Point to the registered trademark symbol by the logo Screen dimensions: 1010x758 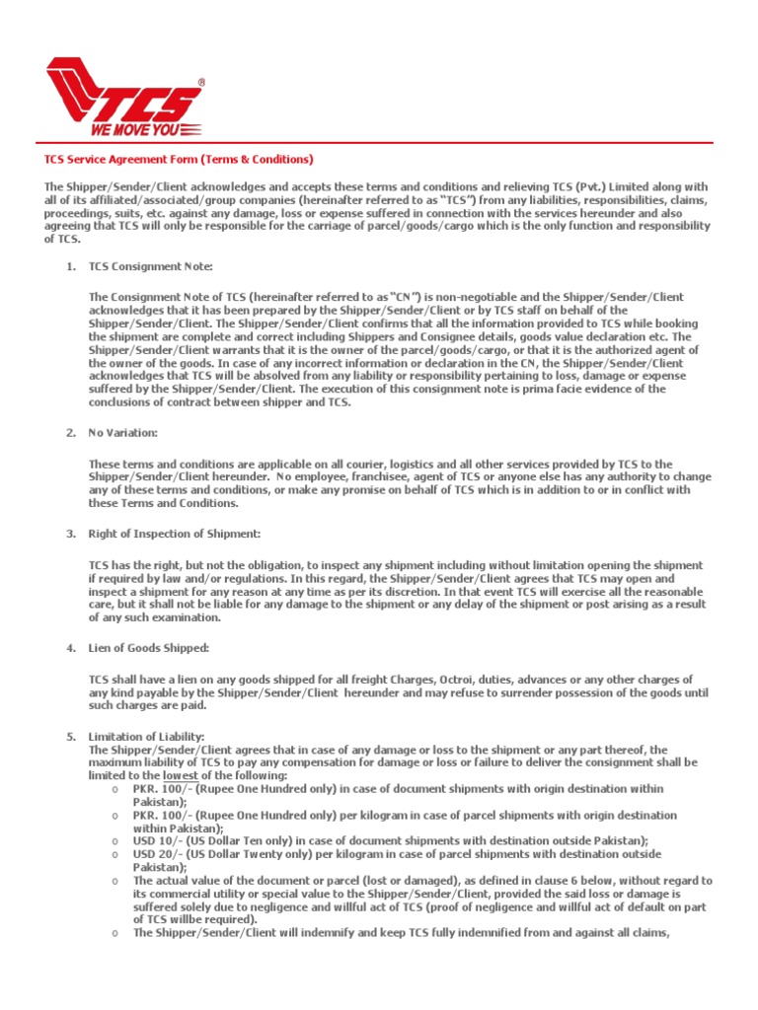pos(201,83)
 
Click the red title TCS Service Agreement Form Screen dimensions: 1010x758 pos(178,159)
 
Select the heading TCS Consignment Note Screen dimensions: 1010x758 pos(150,266)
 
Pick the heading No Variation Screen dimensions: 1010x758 pos(122,433)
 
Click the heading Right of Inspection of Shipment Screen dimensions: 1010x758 pos(174,534)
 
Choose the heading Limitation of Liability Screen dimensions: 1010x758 pos(146,737)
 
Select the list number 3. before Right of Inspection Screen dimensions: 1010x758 pos(71,534)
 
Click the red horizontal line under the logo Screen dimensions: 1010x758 pos(379,143)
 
